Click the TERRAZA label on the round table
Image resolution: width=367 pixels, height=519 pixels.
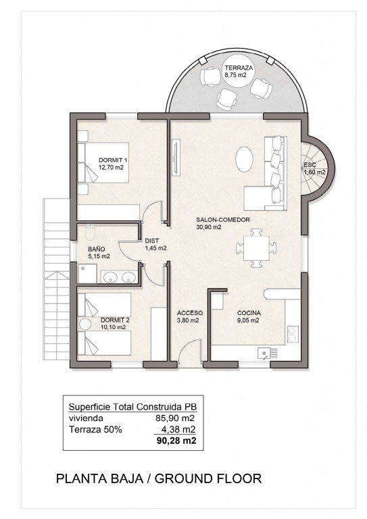(x=239, y=68)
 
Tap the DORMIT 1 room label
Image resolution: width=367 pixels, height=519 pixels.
(x=113, y=160)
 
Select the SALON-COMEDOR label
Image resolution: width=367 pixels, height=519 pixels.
(x=223, y=220)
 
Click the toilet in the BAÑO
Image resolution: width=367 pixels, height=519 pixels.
(x=90, y=232)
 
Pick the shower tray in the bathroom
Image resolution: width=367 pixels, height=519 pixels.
(x=87, y=274)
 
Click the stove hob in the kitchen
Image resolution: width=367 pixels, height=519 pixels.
(x=293, y=335)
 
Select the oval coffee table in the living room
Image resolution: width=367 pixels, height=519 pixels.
(x=245, y=159)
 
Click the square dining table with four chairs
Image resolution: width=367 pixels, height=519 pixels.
(x=256, y=247)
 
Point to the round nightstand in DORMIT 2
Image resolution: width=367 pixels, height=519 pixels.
(x=85, y=324)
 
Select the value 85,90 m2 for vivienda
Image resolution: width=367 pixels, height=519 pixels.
(x=176, y=418)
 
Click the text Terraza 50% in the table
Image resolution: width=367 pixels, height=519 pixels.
(x=95, y=430)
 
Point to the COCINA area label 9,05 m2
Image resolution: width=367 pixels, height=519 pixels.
(x=248, y=320)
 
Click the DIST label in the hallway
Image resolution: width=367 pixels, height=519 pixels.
(x=152, y=241)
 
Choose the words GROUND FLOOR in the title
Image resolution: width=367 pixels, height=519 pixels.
(x=208, y=478)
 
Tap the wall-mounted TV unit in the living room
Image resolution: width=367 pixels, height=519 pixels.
(x=176, y=157)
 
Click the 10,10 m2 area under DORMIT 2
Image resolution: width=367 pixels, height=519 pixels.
(x=113, y=327)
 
